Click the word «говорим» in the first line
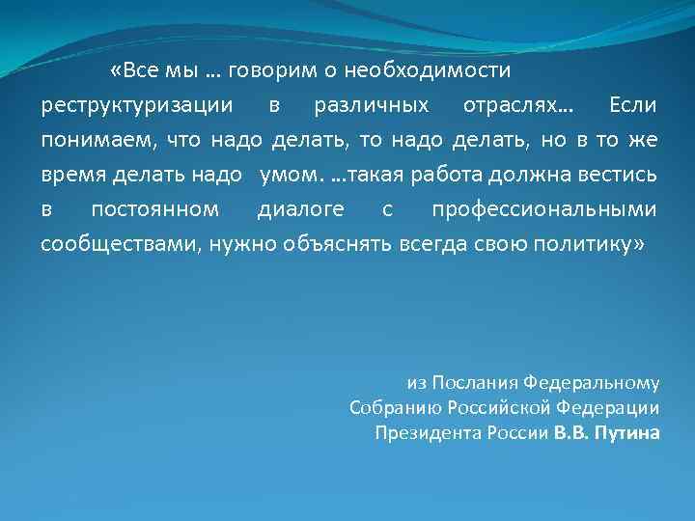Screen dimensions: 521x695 [266, 71]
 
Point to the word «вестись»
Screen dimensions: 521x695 [624, 175]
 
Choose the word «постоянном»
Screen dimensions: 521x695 [154, 209]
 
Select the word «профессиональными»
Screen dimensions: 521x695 [544, 209]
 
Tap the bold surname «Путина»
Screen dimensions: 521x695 [627, 431]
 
